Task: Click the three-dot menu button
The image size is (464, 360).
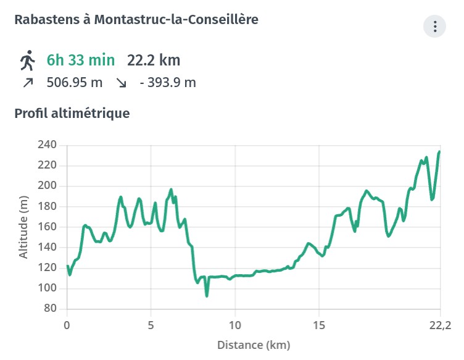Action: pyautogui.click(x=435, y=27)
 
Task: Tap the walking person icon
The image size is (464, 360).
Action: pyautogui.click(x=27, y=61)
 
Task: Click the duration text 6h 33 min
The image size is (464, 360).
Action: pyautogui.click(x=81, y=61)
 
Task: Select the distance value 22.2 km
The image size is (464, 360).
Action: pyautogui.click(x=154, y=61)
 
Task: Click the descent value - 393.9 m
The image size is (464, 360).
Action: pyautogui.click(x=168, y=82)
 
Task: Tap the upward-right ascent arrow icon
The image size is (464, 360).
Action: pyautogui.click(x=27, y=82)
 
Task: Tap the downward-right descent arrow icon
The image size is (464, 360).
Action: pyautogui.click(x=121, y=82)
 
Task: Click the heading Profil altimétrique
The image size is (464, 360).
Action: pyautogui.click(x=72, y=114)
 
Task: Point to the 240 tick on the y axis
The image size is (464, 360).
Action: pyautogui.click(x=48, y=145)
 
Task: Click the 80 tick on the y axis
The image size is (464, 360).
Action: pyautogui.click(x=51, y=309)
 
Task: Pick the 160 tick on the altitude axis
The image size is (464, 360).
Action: pyautogui.click(x=48, y=227)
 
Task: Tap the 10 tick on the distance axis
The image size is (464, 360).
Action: pyautogui.click(x=235, y=325)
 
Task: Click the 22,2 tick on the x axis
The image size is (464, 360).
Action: pyautogui.click(x=439, y=325)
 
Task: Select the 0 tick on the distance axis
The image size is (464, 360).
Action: pyautogui.click(x=67, y=325)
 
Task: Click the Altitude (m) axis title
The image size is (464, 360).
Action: pyautogui.click(x=23, y=227)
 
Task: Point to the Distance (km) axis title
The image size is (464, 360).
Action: pyautogui.click(x=253, y=345)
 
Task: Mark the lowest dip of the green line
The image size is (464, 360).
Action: pyautogui.click(x=207, y=296)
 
